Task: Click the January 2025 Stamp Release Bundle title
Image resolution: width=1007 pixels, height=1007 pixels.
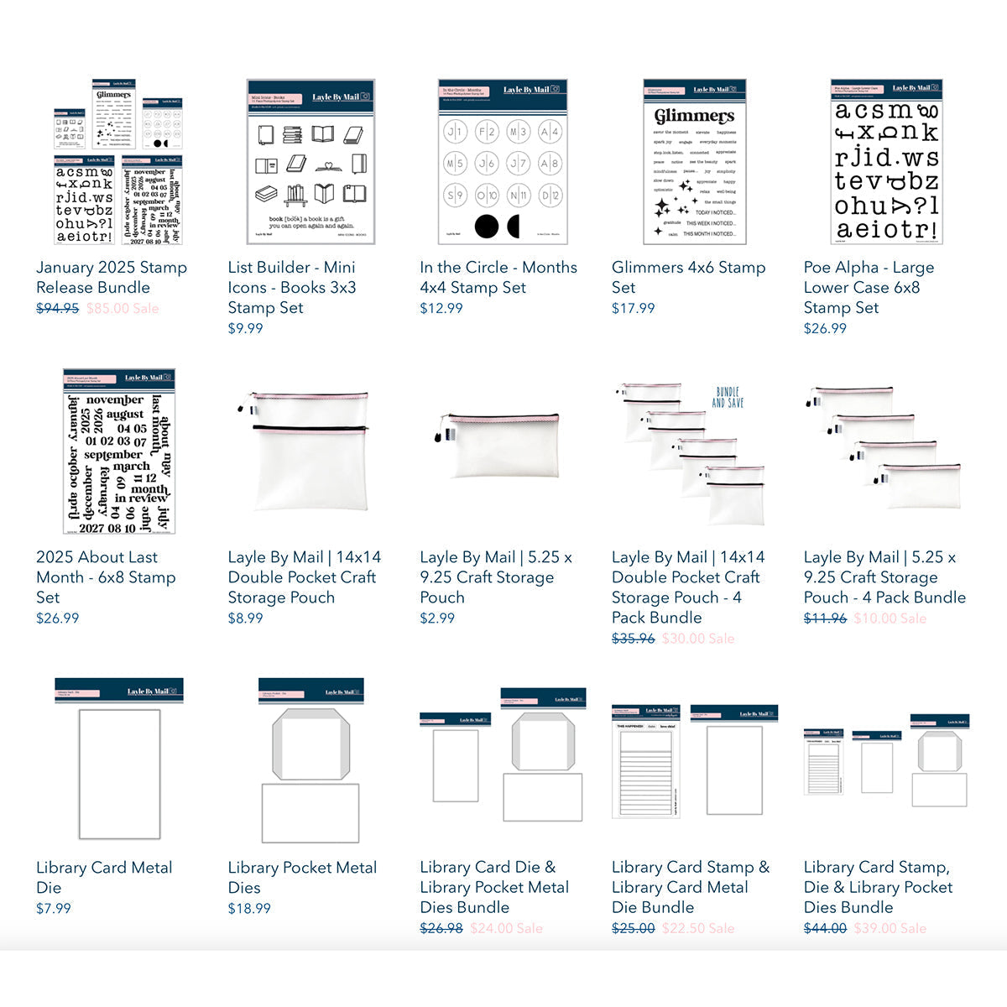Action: [111, 277]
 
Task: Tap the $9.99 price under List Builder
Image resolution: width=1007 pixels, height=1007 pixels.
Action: [245, 328]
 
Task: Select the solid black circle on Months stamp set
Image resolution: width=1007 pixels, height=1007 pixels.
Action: [486, 226]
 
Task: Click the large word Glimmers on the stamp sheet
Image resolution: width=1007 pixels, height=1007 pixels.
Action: [694, 116]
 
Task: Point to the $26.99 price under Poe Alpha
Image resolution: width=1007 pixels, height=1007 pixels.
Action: [825, 328]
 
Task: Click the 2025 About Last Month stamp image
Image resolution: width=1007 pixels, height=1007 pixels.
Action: [118, 451]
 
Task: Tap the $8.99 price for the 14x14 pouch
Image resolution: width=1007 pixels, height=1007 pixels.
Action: [245, 618]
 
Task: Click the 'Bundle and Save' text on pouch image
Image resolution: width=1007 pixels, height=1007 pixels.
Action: [728, 397]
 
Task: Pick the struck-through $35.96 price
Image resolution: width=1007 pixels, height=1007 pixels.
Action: [633, 638]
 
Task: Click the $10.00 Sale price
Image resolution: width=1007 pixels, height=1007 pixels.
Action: [890, 618]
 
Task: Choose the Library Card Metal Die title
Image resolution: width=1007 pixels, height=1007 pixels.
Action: [103, 877]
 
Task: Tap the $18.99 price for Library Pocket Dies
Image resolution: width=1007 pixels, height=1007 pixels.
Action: [249, 908]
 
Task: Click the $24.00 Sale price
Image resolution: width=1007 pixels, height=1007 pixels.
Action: [506, 928]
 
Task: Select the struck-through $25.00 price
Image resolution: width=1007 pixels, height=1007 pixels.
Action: [633, 928]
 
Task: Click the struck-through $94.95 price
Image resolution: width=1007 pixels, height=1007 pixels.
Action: [57, 308]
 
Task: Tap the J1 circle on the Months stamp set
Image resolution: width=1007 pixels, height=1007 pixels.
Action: [454, 132]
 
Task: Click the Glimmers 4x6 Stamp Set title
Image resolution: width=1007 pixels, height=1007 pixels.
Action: [688, 277]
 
